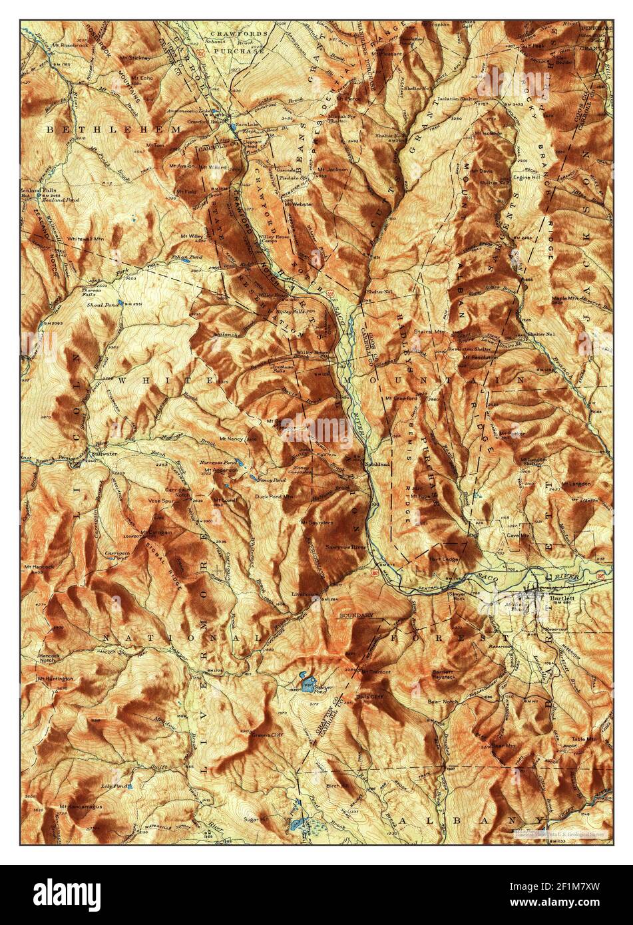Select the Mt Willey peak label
click(x=190, y=236)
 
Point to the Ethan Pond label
click(x=183, y=256)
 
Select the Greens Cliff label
click(x=264, y=735)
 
